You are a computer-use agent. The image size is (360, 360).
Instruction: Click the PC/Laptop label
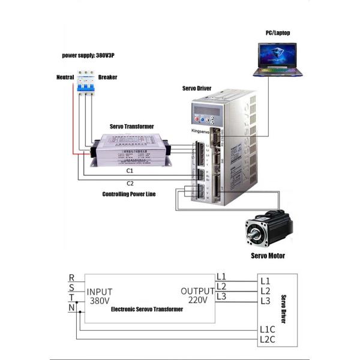[278, 33]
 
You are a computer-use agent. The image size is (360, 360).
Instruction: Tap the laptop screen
[278, 56]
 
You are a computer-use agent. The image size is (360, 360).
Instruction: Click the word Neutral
[65, 77]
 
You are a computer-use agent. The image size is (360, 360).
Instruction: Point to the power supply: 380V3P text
[89, 55]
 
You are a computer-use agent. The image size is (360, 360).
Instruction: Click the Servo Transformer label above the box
[131, 127]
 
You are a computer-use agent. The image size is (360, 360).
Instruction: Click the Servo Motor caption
[268, 256]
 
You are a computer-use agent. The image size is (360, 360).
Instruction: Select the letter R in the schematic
[72, 278]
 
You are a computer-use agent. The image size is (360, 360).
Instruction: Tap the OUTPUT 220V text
[197, 295]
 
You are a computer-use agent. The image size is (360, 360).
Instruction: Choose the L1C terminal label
[268, 329]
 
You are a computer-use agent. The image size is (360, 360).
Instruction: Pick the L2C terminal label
[268, 340]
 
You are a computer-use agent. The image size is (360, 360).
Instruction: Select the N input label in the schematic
[72, 308]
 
